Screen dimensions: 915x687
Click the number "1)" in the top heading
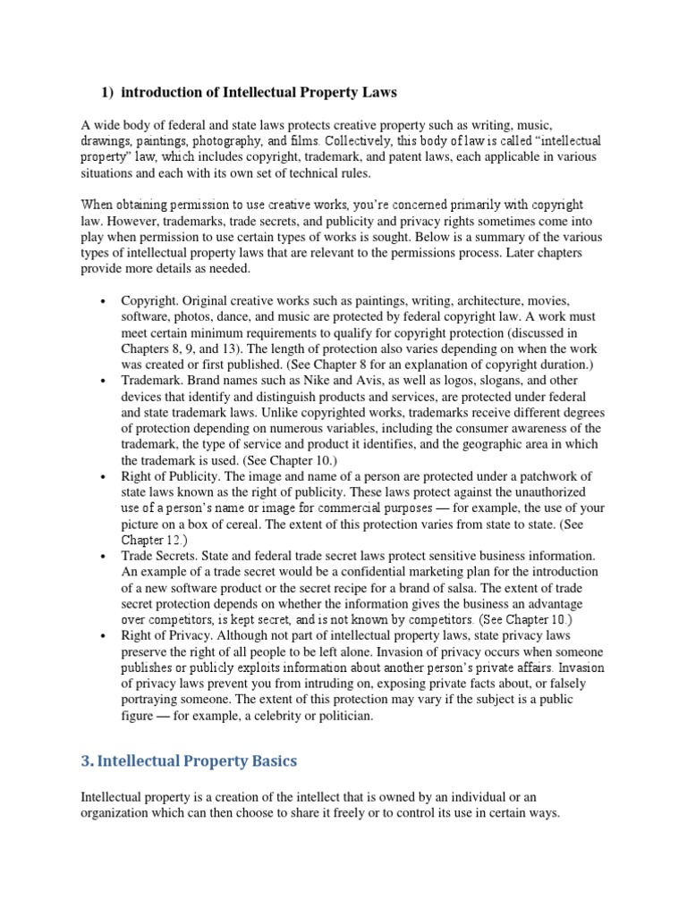(x=105, y=93)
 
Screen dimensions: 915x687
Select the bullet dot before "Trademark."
(x=105, y=380)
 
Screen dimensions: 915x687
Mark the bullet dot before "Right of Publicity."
(x=105, y=474)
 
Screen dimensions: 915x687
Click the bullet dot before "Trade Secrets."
(x=105, y=554)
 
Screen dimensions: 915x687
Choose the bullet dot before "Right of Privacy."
(x=105, y=634)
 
